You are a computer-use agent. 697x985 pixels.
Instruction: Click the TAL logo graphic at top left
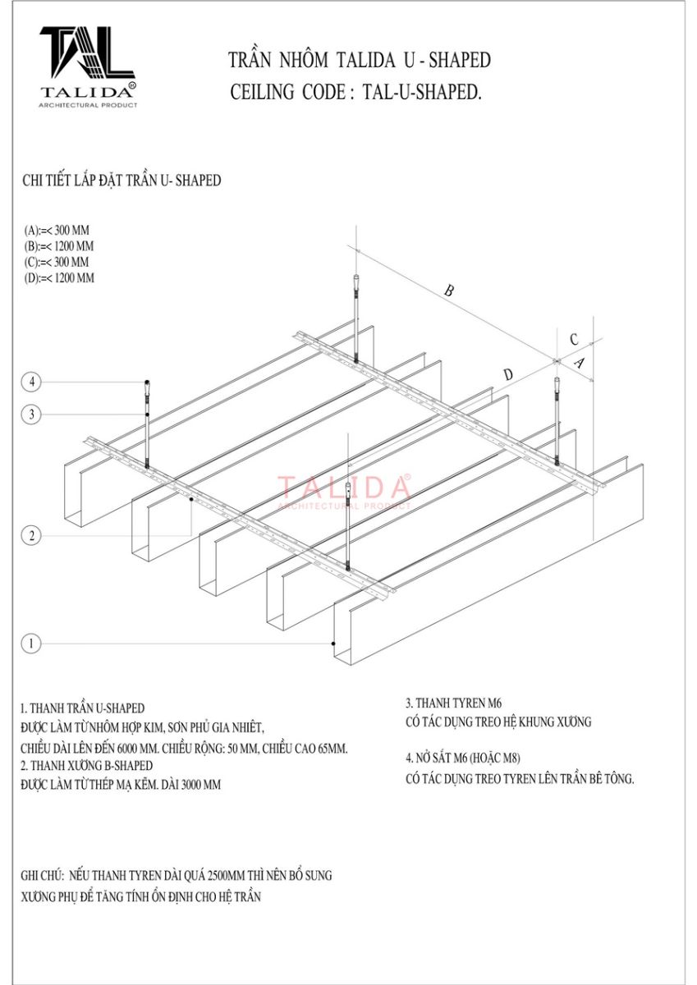(87, 52)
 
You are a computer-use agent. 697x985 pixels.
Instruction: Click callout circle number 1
(31, 644)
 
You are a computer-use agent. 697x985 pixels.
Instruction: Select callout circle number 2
(31, 535)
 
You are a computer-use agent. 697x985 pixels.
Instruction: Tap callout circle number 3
(31, 415)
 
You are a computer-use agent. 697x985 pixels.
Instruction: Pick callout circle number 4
(31, 382)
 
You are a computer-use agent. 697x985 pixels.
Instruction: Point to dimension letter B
(448, 291)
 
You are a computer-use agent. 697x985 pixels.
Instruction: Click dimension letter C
(574, 340)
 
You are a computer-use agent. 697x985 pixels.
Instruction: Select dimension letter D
(508, 374)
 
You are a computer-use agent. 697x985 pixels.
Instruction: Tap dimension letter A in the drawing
(580, 363)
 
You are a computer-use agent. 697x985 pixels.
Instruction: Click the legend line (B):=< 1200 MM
(59, 246)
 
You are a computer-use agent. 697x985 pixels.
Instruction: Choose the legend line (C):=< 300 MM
(57, 262)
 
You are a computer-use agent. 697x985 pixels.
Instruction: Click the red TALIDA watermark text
(344, 488)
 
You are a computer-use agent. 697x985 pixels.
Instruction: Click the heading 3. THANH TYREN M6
(453, 703)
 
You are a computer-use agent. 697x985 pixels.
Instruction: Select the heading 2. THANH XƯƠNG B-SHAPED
(87, 766)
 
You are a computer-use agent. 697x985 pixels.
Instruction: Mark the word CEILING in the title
(262, 92)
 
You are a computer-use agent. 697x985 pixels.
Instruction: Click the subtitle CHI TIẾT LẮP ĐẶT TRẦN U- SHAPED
(122, 181)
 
